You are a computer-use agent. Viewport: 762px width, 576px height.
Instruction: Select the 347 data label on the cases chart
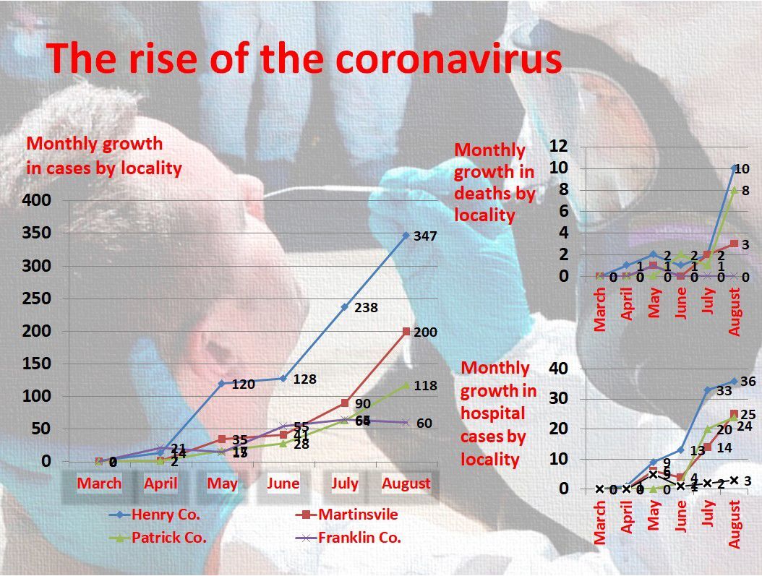click(425, 236)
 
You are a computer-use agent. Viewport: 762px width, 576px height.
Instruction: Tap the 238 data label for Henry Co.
click(366, 308)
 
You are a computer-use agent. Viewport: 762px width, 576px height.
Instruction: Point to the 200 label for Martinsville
click(424, 332)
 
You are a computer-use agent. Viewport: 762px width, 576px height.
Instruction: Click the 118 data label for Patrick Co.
click(425, 386)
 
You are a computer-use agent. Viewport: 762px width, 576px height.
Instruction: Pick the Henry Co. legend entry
click(166, 515)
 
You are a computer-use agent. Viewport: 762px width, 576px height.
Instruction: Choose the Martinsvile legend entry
click(358, 515)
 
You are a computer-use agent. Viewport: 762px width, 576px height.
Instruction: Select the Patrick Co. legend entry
click(168, 538)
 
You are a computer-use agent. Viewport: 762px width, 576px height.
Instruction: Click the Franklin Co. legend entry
click(359, 538)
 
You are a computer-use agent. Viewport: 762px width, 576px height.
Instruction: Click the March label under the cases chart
click(99, 483)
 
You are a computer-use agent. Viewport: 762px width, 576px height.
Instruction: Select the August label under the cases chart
click(406, 483)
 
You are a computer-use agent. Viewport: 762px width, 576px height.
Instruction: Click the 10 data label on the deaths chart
click(742, 169)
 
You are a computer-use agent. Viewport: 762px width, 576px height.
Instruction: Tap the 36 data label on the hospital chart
click(748, 382)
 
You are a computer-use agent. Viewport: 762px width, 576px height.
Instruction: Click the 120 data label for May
click(243, 384)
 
